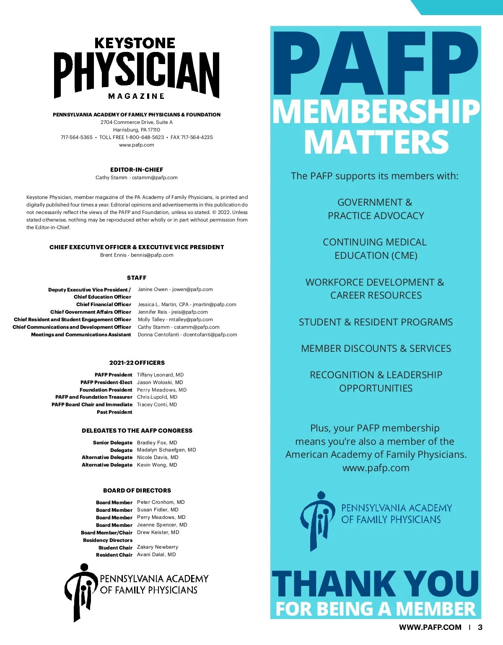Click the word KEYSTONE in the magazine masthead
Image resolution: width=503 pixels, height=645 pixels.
[135, 43]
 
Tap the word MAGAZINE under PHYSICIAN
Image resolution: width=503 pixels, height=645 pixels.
[136, 96]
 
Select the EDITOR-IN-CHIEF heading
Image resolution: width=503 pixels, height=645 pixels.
[137, 170]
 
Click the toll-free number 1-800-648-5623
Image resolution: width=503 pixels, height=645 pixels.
[145, 137]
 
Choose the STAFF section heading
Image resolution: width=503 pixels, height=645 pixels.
[137, 278]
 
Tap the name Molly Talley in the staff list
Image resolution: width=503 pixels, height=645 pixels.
[151, 320]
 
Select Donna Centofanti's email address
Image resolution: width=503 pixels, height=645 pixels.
[210, 335]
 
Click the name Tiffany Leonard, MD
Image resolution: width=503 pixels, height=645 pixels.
[160, 375]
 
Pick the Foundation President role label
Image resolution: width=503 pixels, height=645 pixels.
[106, 390]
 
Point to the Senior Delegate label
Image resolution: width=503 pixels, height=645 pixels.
[113, 443]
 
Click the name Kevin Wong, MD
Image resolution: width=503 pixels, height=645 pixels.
[157, 465]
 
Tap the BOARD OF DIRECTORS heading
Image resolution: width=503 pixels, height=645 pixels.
[137, 490]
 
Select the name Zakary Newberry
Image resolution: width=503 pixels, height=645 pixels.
[157, 547]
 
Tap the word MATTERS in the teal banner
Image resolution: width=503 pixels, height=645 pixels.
[376, 142]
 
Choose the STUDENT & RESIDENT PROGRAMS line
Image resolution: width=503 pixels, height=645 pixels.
[376, 322]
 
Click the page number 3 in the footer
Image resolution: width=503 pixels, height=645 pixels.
[480, 627]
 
